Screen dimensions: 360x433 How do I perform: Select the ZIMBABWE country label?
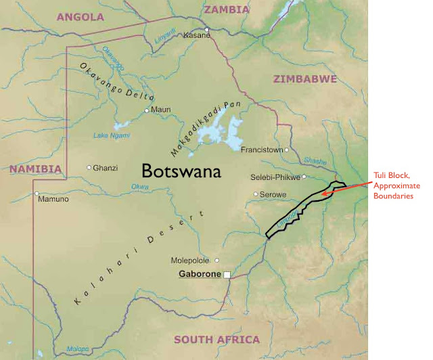tap(304, 79)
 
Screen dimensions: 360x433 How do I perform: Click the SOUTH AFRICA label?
tap(216, 340)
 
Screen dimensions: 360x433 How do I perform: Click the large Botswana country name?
tap(181, 171)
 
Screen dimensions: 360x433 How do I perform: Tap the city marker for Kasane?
tap(207, 29)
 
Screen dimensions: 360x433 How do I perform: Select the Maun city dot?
tap(147, 110)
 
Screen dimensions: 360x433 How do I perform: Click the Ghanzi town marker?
tap(89, 167)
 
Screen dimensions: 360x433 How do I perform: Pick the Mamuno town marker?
tap(37, 194)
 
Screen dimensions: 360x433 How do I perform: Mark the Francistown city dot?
tap(287, 150)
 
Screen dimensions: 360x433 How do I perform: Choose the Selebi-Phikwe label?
tap(274, 177)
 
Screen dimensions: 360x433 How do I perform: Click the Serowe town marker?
tap(256, 194)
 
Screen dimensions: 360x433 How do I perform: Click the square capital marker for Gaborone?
tap(227, 274)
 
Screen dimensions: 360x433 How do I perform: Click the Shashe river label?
tap(316, 160)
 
